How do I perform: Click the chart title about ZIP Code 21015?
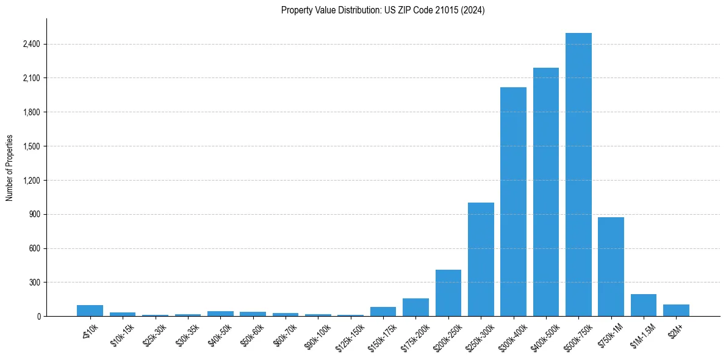tap(383, 10)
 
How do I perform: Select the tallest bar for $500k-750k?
tap(578, 175)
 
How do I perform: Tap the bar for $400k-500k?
tap(545, 192)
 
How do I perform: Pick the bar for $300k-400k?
tap(513, 201)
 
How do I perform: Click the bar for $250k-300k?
tap(481, 259)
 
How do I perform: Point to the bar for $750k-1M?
tap(611, 267)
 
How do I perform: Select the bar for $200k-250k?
tap(448, 293)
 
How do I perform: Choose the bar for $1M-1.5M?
tap(643, 305)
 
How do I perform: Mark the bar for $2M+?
tap(676, 310)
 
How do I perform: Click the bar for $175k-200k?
tap(415, 307)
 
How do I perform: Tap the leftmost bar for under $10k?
tap(90, 311)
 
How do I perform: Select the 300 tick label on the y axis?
tap(34, 283)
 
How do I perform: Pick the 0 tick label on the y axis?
tap(38, 317)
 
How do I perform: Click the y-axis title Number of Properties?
tap(10, 167)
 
